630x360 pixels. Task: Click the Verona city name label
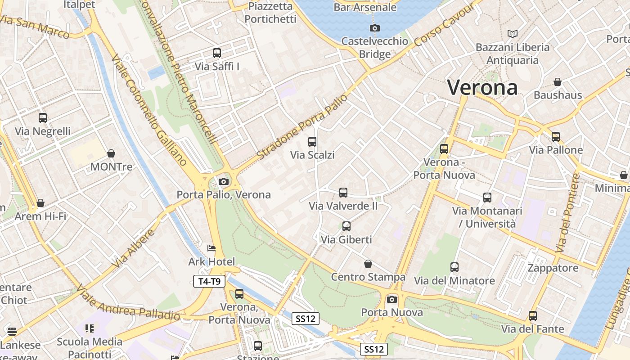[x=482, y=87]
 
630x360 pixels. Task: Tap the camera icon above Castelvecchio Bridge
[x=374, y=28]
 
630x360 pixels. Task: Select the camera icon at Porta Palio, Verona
[x=223, y=182]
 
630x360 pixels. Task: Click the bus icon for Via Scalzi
[x=312, y=142]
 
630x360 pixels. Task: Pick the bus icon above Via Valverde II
[x=343, y=193]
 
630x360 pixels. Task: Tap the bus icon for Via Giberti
[x=346, y=226]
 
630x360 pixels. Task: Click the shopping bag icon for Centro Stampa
[x=368, y=264]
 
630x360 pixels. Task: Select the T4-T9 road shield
[x=209, y=282]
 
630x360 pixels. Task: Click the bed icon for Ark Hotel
[x=211, y=248]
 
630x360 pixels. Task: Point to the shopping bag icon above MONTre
[x=111, y=154]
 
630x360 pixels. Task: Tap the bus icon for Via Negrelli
[x=43, y=118]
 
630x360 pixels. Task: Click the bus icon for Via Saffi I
[x=217, y=53]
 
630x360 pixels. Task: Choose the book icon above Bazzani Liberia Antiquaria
[x=513, y=34]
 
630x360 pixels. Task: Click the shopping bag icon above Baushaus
[x=558, y=82]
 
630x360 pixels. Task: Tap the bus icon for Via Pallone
[x=556, y=137]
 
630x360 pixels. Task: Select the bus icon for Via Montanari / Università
[x=487, y=198]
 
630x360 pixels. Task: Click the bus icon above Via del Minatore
[x=454, y=267]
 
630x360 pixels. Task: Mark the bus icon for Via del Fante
[x=533, y=316]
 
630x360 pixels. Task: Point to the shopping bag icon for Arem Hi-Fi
[x=40, y=203]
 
